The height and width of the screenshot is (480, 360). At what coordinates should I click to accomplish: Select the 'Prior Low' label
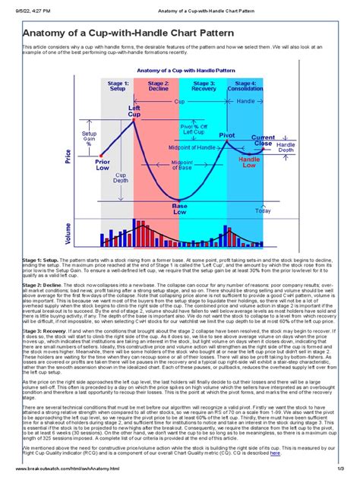click(103, 166)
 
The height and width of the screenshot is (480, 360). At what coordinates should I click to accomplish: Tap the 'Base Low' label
click(180, 208)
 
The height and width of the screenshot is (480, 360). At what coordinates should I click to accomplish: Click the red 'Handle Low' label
click(248, 163)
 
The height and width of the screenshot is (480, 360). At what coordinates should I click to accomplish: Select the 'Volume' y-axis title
click(69, 234)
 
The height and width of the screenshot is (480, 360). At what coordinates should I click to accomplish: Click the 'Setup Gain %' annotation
click(89, 139)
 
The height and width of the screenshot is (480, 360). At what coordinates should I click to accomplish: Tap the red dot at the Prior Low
click(101, 155)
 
